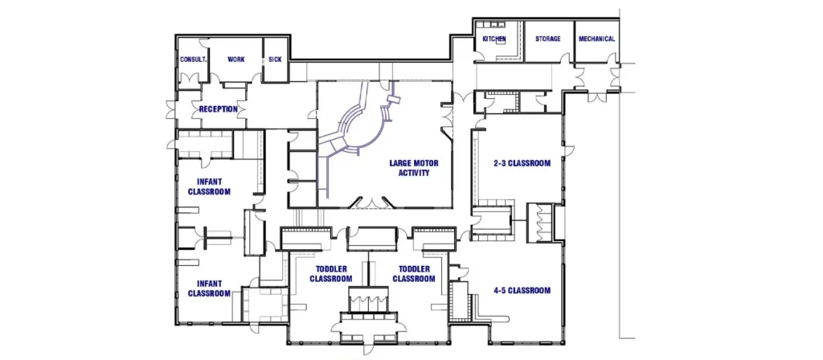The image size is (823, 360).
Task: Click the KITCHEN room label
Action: pyautogui.click(x=493, y=39)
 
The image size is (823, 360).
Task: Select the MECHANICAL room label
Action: pyautogui.click(x=596, y=39)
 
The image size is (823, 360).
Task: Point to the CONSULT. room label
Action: pyautogui.click(x=194, y=59)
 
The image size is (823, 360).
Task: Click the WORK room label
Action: pyautogui.click(x=235, y=59)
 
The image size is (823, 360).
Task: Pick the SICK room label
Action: pyautogui.click(x=275, y=59)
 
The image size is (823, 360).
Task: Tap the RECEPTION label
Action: pyautogui.click(x=219, y=109)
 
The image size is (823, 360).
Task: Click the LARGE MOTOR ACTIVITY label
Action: pyautogui.click(x=410, y=168)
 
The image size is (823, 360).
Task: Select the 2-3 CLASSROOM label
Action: pyautogui.click(x=522, y=163)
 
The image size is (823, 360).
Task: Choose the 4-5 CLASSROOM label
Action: pyautogui.click(x=522, y=290)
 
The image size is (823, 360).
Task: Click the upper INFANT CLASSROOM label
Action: pyautogui.click(x=210, y=186)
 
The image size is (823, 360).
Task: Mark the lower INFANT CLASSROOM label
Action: pyautogui.click(x=210, y=288)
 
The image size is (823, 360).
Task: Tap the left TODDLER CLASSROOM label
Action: pyautogui.click(x=332, y=273)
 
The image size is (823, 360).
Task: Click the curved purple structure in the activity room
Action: pyautogui.click(x=362, y=129)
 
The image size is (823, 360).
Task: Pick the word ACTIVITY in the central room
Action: pyautogui.click(x=410, y=173)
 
